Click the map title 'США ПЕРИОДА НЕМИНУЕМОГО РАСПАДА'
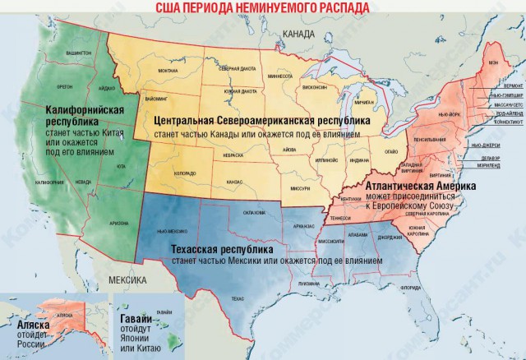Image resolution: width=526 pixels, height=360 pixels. click(x=263, y=7)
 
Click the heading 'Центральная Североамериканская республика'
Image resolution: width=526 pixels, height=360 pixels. click(x=261, y=120)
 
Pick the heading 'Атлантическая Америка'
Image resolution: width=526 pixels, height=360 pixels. click(x=433, y=187)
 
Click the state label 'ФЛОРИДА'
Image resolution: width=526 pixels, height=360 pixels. click(x=408, y=288)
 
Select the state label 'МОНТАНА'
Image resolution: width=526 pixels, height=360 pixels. click(x=168, y=71)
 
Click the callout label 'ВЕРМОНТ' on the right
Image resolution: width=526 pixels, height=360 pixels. click(x=512, y=85)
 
